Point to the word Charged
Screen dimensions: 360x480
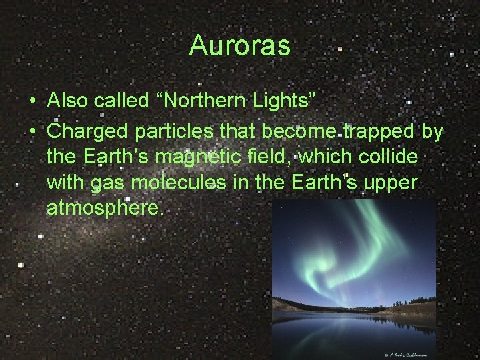[88, 133]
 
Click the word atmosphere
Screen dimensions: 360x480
[104, 209]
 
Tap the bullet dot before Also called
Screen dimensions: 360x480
[32, 102]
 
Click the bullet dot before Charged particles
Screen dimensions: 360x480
[32, 133]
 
